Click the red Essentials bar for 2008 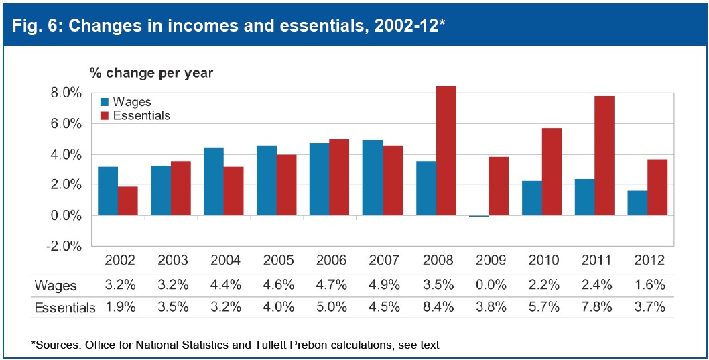point(446,151)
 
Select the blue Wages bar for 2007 point(372,178)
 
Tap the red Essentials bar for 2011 point(604,156)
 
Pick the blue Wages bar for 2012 point(637,203)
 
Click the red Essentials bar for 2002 point(128,200)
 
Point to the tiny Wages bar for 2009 point(478,216)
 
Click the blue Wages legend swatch point(105,103)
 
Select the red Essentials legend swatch point(105,116)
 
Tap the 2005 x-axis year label point(276,260)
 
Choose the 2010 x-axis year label point(541,260)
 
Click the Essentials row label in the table point(65,308)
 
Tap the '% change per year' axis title point(151,72)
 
